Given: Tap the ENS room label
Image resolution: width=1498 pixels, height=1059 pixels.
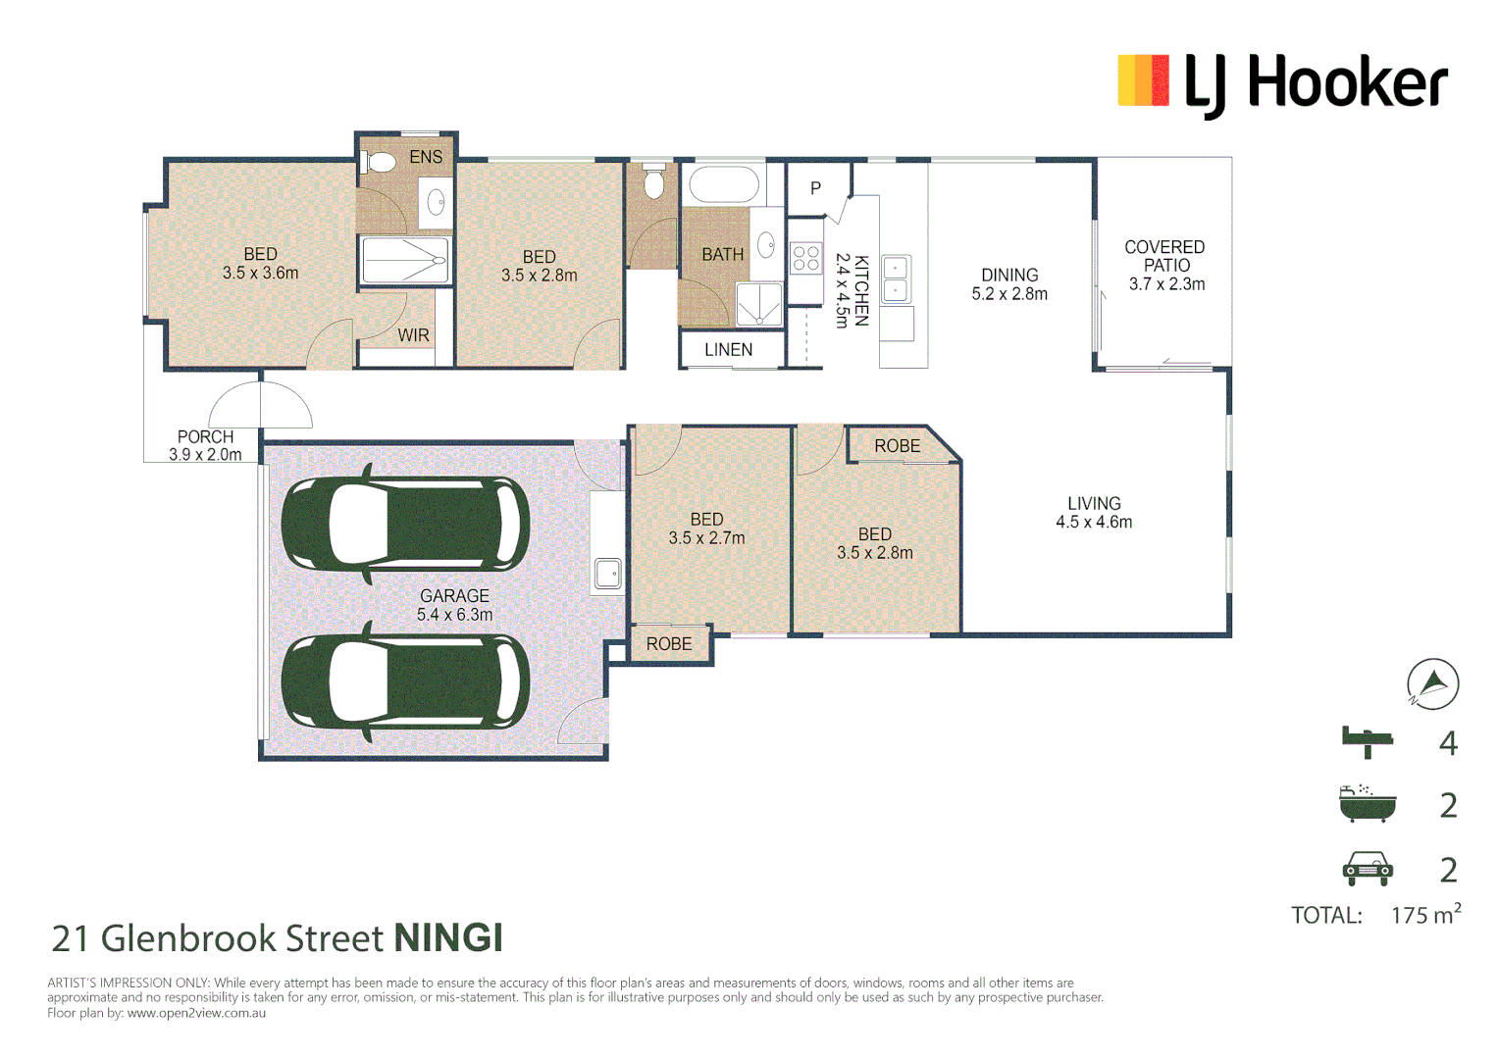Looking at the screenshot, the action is [x=426, y=157].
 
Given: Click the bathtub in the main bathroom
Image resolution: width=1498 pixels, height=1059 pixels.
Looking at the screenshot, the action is [x=724, y=184].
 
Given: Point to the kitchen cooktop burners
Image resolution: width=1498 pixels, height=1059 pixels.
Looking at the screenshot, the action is [x=805, y=258].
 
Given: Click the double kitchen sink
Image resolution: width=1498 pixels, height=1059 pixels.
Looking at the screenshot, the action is [x=896, y=278].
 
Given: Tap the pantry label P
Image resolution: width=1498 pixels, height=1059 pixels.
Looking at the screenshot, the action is [x=815, y=188].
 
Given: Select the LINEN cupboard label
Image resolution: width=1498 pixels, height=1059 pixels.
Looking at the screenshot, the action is [x=728, y=350].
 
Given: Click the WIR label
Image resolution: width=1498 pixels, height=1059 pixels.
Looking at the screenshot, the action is [x=413, y=335].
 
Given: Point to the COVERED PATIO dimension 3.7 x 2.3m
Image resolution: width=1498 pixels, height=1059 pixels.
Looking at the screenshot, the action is [x=1167, y=284].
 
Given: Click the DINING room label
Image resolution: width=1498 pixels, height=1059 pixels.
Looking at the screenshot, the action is [x=1009, y=275].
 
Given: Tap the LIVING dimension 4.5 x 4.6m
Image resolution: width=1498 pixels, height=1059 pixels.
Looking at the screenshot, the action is [x=1094, y=522].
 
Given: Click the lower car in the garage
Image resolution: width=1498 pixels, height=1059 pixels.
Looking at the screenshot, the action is [x=405, y=681].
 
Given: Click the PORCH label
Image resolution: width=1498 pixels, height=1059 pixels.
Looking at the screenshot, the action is [x=205, y=436].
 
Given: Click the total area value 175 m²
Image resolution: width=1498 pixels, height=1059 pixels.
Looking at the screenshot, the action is [x=1425, y=914].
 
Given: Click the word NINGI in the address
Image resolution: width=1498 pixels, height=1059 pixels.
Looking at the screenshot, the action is [x=448, y=938].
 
